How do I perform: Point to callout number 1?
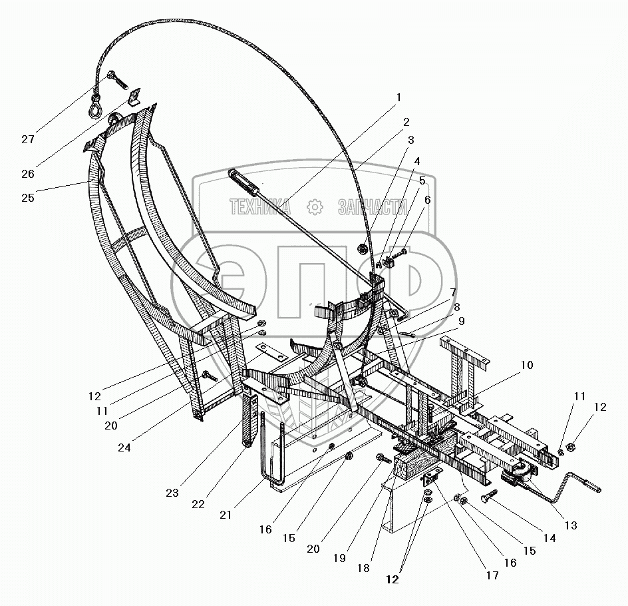398,97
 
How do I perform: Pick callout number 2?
406,122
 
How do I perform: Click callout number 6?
426,199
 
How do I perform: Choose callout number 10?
526,365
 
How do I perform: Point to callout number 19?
340,558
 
